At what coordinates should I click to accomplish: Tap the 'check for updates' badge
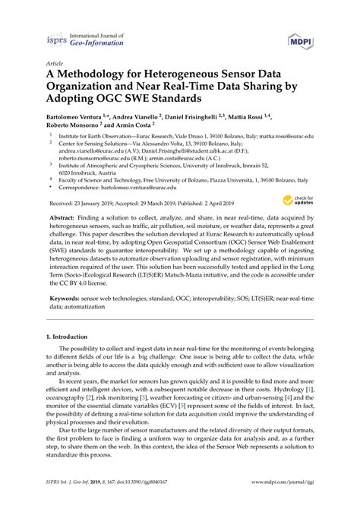297,201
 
